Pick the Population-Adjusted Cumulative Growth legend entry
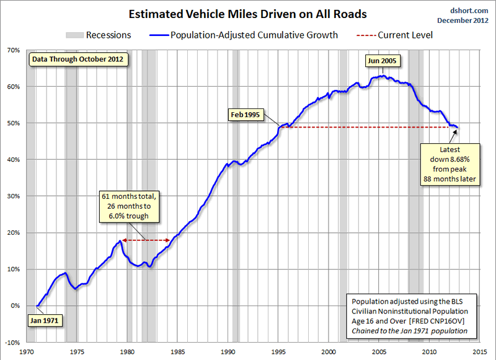pyautogui.click(x=246, y=35)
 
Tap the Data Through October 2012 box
pyautogui.click(x=77, y=60)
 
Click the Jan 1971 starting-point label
pyautogui.click(x=45, y=321)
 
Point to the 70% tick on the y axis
pyautogui.click(x=14, y=50)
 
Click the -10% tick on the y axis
pyautogui.click(x=12, y=342)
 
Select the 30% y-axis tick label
pyautogui.click(x=14, y=196)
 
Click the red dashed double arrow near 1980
pyautogui.click(x=146, y=240)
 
